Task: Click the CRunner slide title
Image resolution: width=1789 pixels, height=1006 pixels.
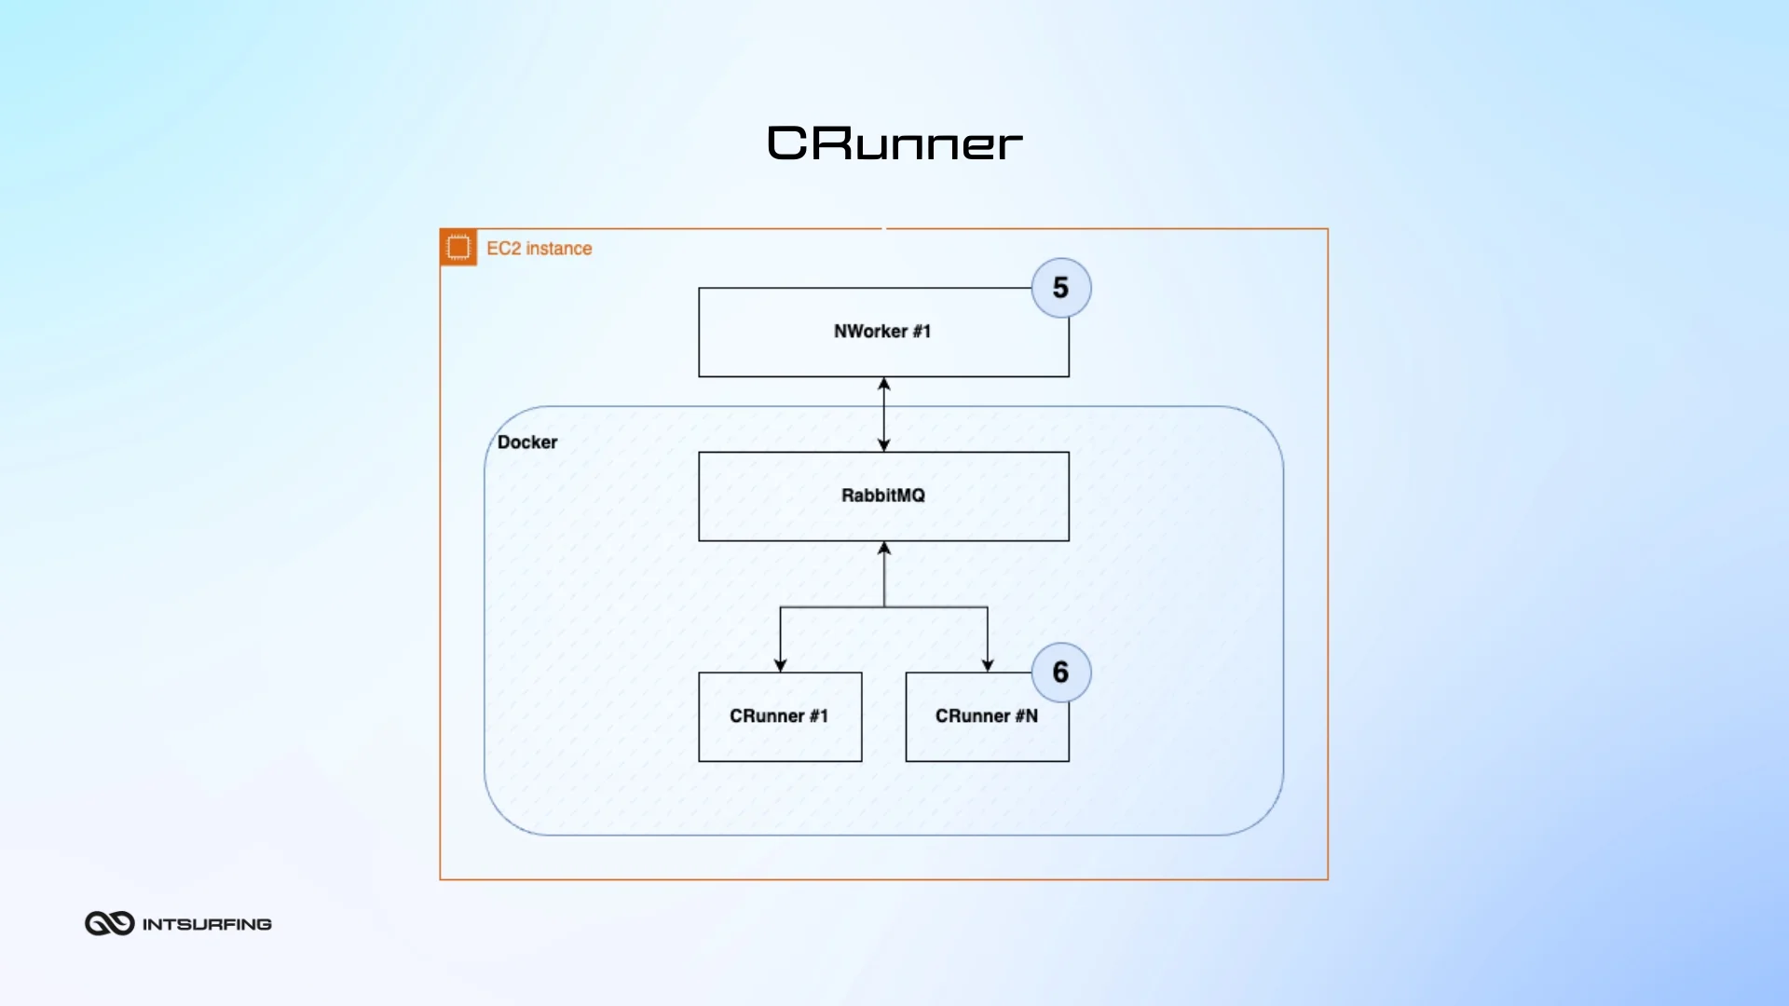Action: (x=894, y=143)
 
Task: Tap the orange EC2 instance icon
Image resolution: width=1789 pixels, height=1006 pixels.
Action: (x=458, y=248)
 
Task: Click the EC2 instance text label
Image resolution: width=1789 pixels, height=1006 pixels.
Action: (x=539, y=249)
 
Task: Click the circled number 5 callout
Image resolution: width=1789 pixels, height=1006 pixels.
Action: (x=1060, y=288)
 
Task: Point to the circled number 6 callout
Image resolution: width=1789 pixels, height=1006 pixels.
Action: (x=1060, y=673)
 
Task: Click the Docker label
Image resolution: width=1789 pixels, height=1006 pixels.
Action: (x=527, y=442)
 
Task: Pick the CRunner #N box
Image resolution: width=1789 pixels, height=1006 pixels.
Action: (x=987, y=741)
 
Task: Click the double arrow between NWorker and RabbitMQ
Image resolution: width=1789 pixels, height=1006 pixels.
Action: (x=884, y=415)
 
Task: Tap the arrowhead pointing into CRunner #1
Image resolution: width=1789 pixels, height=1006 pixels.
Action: (x=780, y=665)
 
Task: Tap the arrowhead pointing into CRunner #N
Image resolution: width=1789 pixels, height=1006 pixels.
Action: (x=988, y=665)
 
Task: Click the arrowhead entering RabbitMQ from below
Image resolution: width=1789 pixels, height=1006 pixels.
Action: (x=884, y=549)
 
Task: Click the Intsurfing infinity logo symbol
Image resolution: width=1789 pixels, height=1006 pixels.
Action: (x=110, y=923)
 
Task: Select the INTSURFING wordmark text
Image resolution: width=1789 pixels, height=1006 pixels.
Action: (x=207, y=924)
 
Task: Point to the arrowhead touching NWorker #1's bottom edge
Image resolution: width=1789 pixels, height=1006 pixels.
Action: (x=884, y=384)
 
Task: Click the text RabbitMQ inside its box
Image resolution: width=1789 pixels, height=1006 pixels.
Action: (x=882, y=496)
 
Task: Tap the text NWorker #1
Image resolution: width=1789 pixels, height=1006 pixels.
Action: (x=881, y=332)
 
